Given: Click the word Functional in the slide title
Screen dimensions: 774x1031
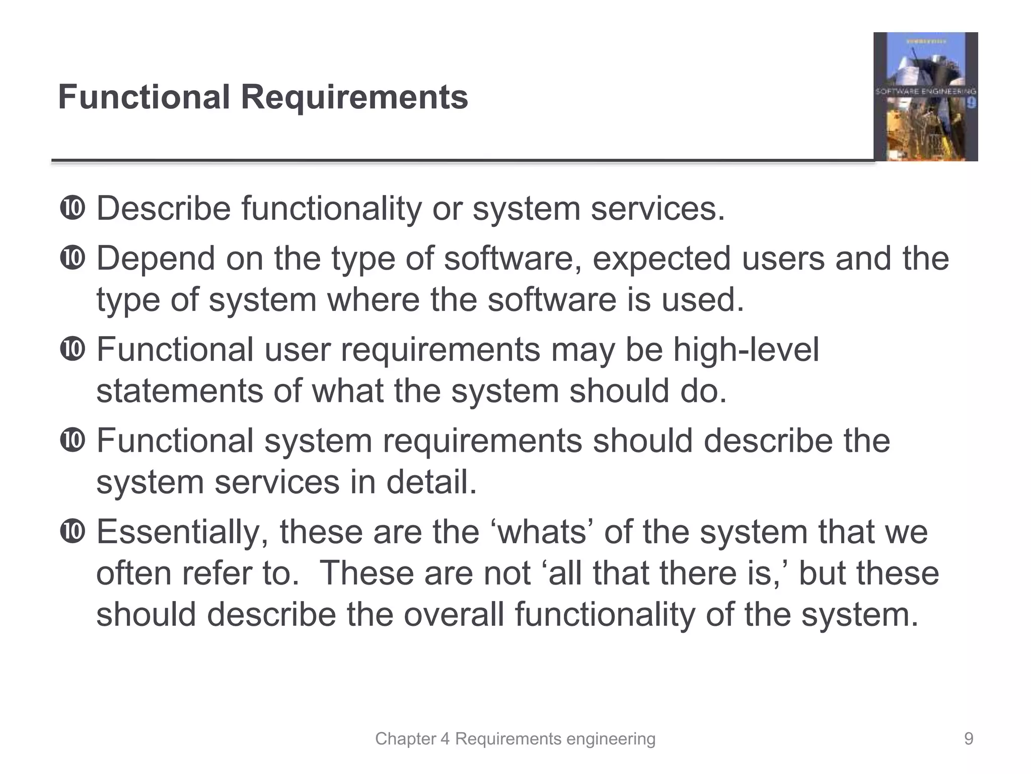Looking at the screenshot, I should [144, 97].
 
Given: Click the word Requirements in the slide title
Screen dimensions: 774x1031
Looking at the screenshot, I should [354, 97].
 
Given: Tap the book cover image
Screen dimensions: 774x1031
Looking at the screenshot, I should [925, 97].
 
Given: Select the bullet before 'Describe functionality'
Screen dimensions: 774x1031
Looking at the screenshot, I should [72, 209].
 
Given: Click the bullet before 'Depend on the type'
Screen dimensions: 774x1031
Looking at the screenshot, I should [72, 259].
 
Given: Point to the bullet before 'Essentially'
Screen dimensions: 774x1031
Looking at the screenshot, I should [72, 532].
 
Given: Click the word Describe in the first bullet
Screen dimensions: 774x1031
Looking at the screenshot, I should [163, 209].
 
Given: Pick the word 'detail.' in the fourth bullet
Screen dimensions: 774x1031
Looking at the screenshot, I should [431, 482].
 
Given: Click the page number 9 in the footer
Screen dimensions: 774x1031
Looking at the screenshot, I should [968, 739].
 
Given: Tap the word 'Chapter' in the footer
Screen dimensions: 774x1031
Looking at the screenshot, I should [405, 739].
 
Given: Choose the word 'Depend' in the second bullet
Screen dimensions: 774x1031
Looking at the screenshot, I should [155, 259].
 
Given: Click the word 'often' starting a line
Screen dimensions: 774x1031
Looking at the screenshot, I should [133, 573].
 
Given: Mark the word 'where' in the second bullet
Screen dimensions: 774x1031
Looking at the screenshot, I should [373, 300].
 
